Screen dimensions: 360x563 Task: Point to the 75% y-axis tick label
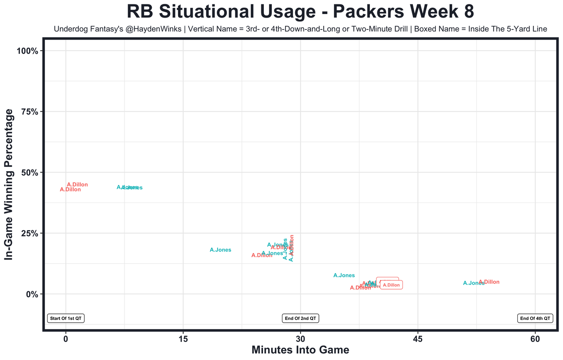click(x=30, y=111)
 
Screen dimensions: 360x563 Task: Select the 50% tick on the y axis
click(x=30, y=172)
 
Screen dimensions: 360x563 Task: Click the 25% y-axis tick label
click(x=30, y=233)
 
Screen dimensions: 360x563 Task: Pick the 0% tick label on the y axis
click(x=33, y=294)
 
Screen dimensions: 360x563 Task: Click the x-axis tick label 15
click(x=183, y=339)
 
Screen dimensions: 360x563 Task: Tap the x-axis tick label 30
click(x=300, y=339)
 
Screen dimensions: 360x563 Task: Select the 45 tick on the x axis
click(x=418, y=339)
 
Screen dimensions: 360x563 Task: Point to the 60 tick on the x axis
click(x=535, y=339)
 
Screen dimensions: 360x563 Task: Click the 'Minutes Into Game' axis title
click(x=300, y=350)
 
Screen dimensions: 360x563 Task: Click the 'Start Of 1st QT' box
click(x=66, y=318)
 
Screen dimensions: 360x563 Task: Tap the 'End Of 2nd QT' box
click(x=300, y=318)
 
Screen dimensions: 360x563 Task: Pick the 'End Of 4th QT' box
click(x=535, y=318)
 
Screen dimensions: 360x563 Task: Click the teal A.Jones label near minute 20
click(x=220, y=250)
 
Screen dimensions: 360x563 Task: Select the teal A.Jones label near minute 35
click(x=344, y=276)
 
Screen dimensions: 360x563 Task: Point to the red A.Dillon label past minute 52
click(x=489, y=282)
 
